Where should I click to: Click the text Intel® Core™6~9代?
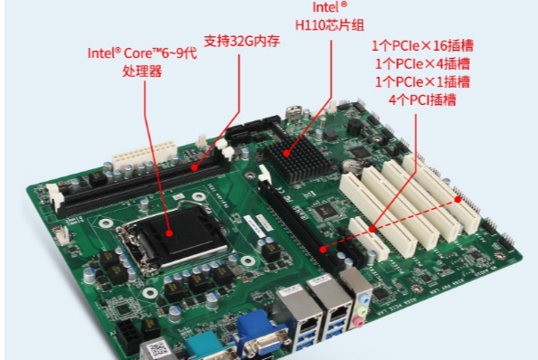point(141,52)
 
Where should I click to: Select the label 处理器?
point(141,71)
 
